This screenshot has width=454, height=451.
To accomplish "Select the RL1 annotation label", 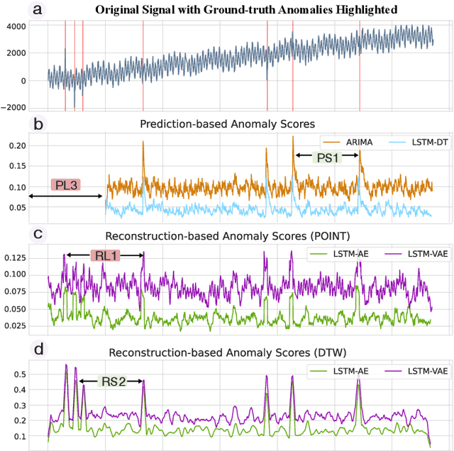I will point(105,255).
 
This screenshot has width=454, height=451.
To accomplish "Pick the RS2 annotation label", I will point(111,381).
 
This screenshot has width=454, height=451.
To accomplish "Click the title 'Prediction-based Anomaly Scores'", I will point(228,123).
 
